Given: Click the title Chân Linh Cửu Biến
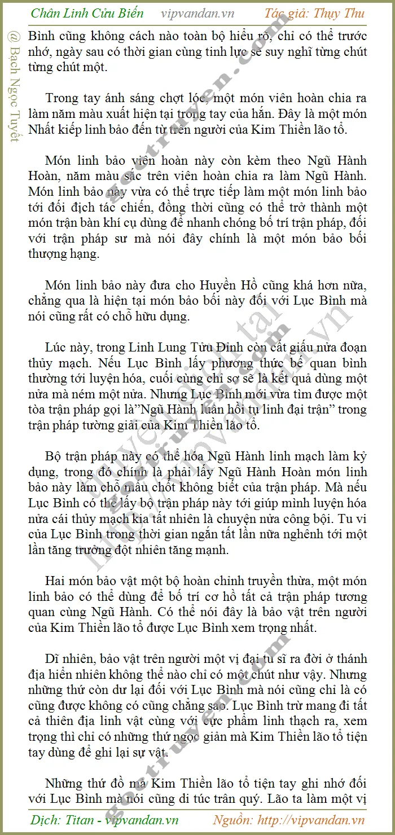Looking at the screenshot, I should [x=87, y=13].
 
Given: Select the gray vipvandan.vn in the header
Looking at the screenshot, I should [x=197, y=14].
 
